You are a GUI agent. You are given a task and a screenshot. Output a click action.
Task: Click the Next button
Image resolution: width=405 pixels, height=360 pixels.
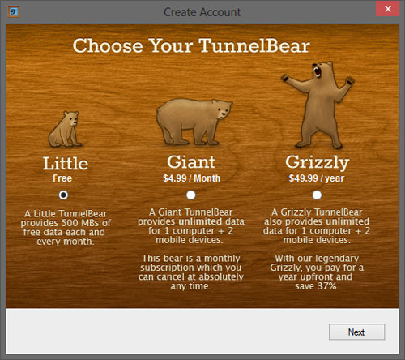[356, 332]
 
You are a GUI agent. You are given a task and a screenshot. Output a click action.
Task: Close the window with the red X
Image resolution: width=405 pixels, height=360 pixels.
[388, 9]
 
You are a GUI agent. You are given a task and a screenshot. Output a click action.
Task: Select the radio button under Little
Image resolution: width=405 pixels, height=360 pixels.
[63, 195]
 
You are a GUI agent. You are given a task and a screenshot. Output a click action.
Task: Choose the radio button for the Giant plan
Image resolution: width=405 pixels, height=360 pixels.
[191, 195]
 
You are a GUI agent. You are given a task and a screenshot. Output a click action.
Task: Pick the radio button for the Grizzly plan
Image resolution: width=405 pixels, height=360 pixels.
[317, 195]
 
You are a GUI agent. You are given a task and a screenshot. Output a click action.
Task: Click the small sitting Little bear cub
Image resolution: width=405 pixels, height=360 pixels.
[65, 129]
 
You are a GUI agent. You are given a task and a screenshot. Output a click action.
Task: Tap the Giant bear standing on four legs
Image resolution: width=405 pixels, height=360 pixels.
[194, 122]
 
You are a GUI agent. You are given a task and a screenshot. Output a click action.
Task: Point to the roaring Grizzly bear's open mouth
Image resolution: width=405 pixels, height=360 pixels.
[318, 71]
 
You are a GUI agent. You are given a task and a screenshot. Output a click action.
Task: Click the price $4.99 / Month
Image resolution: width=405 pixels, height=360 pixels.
[191, 178]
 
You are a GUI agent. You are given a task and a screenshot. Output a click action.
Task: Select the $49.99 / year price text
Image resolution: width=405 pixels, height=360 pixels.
[317, 178]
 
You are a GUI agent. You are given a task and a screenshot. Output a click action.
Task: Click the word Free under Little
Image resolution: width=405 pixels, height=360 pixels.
[62, 178]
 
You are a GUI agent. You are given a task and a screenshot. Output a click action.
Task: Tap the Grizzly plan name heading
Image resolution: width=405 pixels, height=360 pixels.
[318, 163]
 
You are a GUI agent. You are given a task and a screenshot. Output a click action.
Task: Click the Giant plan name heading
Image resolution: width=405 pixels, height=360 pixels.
[191, 162]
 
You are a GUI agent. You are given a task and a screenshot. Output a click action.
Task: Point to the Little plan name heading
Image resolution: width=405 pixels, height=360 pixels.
[66, 164]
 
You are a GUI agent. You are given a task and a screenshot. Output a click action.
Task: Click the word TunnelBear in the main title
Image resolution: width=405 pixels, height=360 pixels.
[254, 45]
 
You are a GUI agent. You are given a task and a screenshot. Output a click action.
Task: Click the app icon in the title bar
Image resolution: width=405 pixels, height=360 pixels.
[13, 12]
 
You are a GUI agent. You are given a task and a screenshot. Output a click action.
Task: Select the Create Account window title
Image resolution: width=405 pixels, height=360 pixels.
[202, 12]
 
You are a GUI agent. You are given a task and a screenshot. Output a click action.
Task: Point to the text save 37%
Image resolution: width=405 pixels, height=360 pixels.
[316, 286]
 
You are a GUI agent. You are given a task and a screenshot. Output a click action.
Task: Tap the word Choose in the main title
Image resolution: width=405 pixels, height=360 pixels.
[108, 45]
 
